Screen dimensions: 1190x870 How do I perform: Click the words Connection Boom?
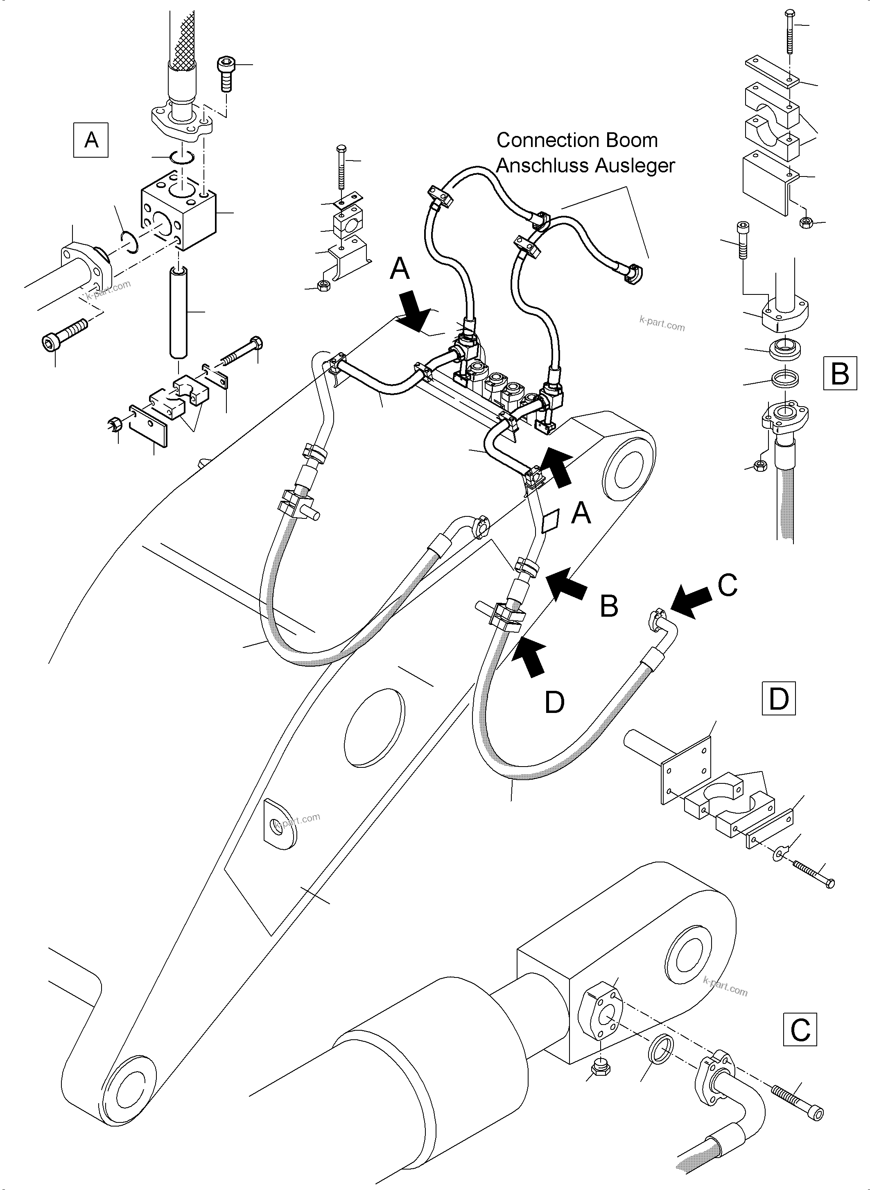(x=577, y=140)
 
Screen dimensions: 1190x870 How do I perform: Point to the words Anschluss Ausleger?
(x=585, y=165)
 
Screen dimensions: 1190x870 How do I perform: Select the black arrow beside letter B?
(x=567, y=583)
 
